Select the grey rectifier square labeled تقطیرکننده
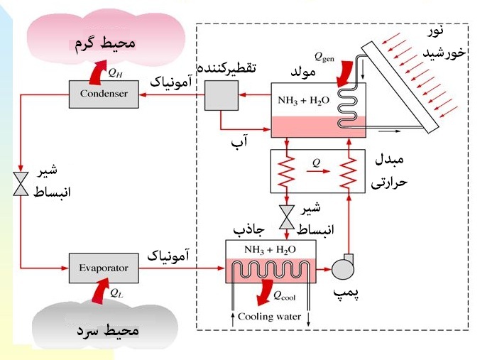[x=220, y=94]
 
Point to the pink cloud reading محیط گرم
[x=105, y=44]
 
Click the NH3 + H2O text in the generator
[x=302, y=100]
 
